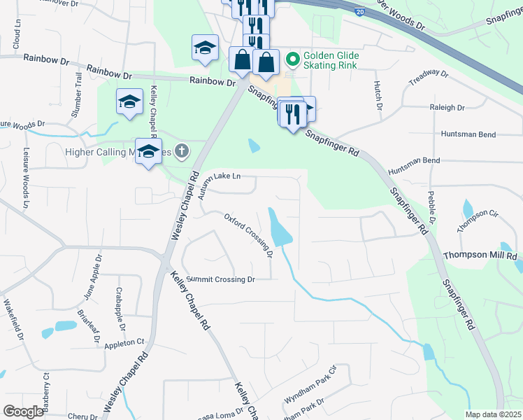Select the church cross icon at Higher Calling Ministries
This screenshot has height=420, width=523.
click(182, 151)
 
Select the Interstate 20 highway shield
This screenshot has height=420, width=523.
click(359, 12)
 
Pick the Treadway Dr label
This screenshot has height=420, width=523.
click(428, 76)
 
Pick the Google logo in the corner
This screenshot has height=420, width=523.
click(23, 412)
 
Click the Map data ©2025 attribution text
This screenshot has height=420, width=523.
click(492, 414)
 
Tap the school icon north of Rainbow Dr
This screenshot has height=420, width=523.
click(205, 48)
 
